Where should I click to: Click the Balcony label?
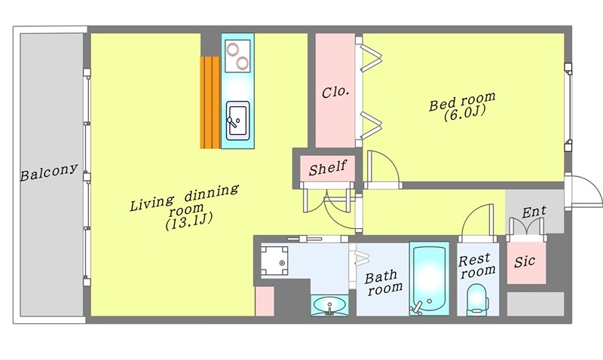point(49,172)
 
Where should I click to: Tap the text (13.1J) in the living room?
point(189,221)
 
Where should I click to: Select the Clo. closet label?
point(335,92)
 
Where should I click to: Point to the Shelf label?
point(328,167)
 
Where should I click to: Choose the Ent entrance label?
point(534,212)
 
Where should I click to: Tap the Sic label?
point(525,261)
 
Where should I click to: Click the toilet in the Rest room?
point(477,300)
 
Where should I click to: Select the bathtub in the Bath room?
point(429,279)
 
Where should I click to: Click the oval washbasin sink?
point(329,305)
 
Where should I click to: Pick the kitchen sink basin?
point(237,121)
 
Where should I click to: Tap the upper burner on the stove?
point(233,49)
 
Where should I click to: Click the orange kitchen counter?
point(210,102)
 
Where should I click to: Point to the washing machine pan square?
point(274,261)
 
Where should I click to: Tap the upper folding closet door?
point(371,58)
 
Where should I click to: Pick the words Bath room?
point(384,282)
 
